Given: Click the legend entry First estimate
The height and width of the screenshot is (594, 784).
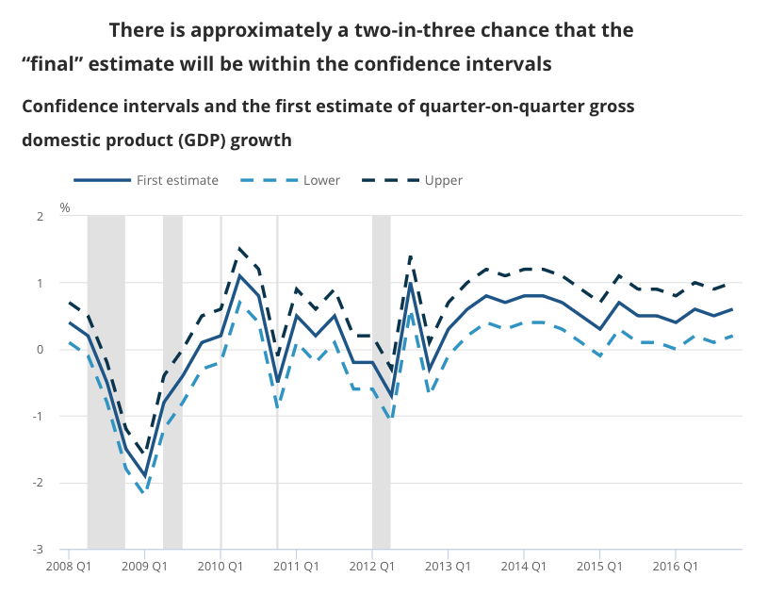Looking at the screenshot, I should (177, 180).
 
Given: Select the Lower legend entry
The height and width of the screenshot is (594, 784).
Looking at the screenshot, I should (321, 180).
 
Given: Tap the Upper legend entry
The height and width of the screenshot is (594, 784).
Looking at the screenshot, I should (443, 180).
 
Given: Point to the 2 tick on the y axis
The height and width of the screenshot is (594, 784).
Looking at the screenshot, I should (41, 217).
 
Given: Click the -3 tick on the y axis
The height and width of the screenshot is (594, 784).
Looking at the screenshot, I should (39, 550).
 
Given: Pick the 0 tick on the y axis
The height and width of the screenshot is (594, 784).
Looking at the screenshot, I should (41, 350).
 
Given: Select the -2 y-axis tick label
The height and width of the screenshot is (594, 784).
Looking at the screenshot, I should (39, 483).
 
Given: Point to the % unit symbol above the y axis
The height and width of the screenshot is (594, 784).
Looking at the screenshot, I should (65, 206).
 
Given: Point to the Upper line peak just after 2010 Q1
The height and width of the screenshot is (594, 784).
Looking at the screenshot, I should (239, 249).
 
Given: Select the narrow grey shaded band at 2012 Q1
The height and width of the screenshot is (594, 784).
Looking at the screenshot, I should (381, 382).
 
